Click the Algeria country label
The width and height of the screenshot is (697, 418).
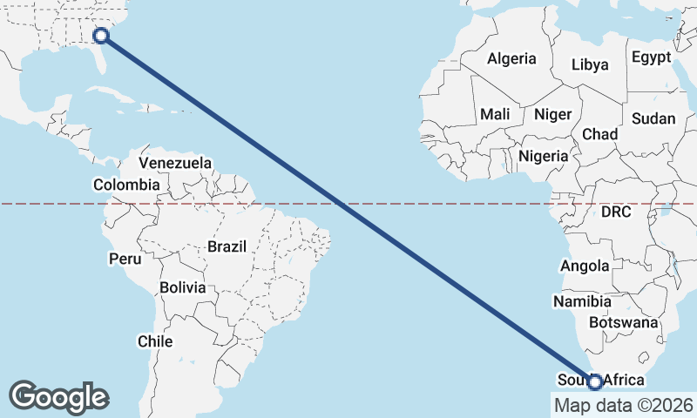512,59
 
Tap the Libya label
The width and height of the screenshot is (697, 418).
591,64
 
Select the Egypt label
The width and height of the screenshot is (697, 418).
652,57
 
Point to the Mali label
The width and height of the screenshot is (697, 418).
495,114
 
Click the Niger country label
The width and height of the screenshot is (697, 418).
552,114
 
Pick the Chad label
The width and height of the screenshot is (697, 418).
599,134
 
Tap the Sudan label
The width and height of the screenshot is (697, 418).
653,118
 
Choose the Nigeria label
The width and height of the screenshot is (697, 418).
543,156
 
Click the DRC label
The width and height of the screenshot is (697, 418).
615,212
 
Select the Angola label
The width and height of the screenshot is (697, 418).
585,266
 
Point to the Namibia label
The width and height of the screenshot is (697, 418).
582,301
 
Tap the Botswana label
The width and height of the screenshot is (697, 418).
623,322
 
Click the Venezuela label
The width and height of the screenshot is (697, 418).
175,163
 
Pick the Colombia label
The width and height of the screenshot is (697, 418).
126,185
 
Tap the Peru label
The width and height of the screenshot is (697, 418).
125,259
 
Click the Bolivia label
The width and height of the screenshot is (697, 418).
183,287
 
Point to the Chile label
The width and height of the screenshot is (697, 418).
155,341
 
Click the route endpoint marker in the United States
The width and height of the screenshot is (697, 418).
101,35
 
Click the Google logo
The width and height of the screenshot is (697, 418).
59,396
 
